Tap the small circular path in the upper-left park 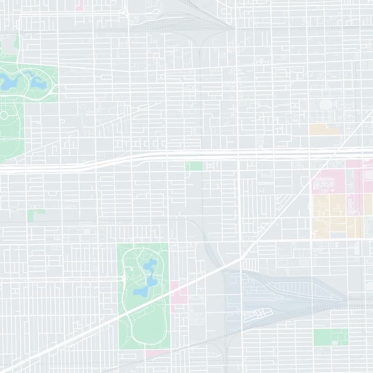point(5,115)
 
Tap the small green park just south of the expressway point(193,166)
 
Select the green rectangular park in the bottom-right point(329,337)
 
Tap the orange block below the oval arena point(324,129)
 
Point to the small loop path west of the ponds point(133,270)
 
